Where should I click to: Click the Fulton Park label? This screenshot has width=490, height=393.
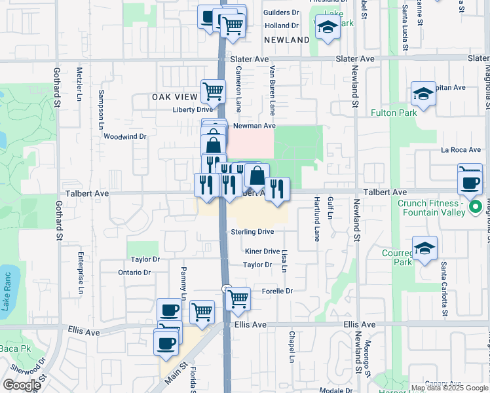(412, 113)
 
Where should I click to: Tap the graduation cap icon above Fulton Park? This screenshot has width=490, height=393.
(424, 94)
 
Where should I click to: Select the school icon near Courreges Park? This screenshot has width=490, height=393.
(424, 249)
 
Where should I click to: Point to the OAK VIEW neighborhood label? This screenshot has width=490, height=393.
(175, 97)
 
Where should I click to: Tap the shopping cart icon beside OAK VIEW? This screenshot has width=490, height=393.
(213, 92)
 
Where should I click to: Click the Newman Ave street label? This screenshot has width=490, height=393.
(254, 126)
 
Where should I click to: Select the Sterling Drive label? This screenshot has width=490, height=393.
(252, 232)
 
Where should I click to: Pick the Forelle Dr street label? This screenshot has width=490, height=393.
(276, 291)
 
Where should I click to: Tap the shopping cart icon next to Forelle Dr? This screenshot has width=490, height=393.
(238, 299)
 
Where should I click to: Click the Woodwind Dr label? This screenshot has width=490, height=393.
(124, 137)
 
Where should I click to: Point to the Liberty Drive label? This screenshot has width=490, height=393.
(193, 109)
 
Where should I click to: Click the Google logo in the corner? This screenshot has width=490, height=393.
(22, 385)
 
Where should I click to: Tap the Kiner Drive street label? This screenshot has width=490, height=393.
(262, 252)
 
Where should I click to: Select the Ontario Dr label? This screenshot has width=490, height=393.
(134, 272)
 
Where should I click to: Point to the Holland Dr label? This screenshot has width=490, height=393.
(281, 26)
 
